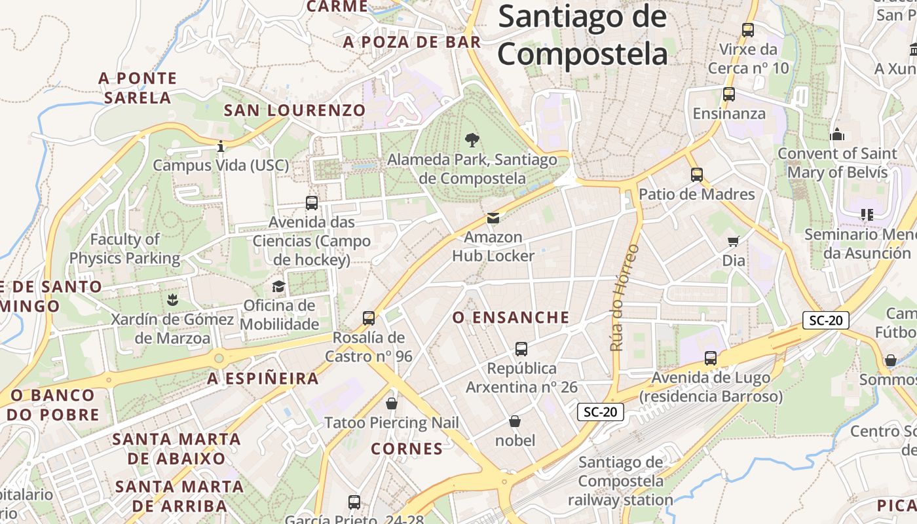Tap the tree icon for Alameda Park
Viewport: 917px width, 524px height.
471,140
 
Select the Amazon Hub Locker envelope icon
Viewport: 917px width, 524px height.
493,218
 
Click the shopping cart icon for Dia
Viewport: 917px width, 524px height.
734,242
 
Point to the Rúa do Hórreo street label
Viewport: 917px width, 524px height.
624,297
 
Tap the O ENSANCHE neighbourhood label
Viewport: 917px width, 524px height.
511,318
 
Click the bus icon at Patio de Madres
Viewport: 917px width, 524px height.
697,175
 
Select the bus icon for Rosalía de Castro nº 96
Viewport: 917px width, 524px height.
369,318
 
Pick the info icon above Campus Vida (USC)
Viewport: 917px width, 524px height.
221,145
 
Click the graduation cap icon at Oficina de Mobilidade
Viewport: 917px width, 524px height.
279,286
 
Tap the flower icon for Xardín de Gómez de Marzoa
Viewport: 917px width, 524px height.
172,300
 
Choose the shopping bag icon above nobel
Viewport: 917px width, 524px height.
515,421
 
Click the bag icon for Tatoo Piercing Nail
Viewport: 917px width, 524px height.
392,403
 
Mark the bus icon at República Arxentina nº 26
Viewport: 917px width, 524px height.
521,349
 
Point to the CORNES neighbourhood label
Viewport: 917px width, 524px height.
407,449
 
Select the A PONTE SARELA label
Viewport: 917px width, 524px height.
138,88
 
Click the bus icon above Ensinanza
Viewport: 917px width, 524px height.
729,94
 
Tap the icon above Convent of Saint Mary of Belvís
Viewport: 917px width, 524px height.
837,135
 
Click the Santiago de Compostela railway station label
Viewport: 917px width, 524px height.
620,481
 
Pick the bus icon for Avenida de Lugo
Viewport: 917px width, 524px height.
711,358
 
